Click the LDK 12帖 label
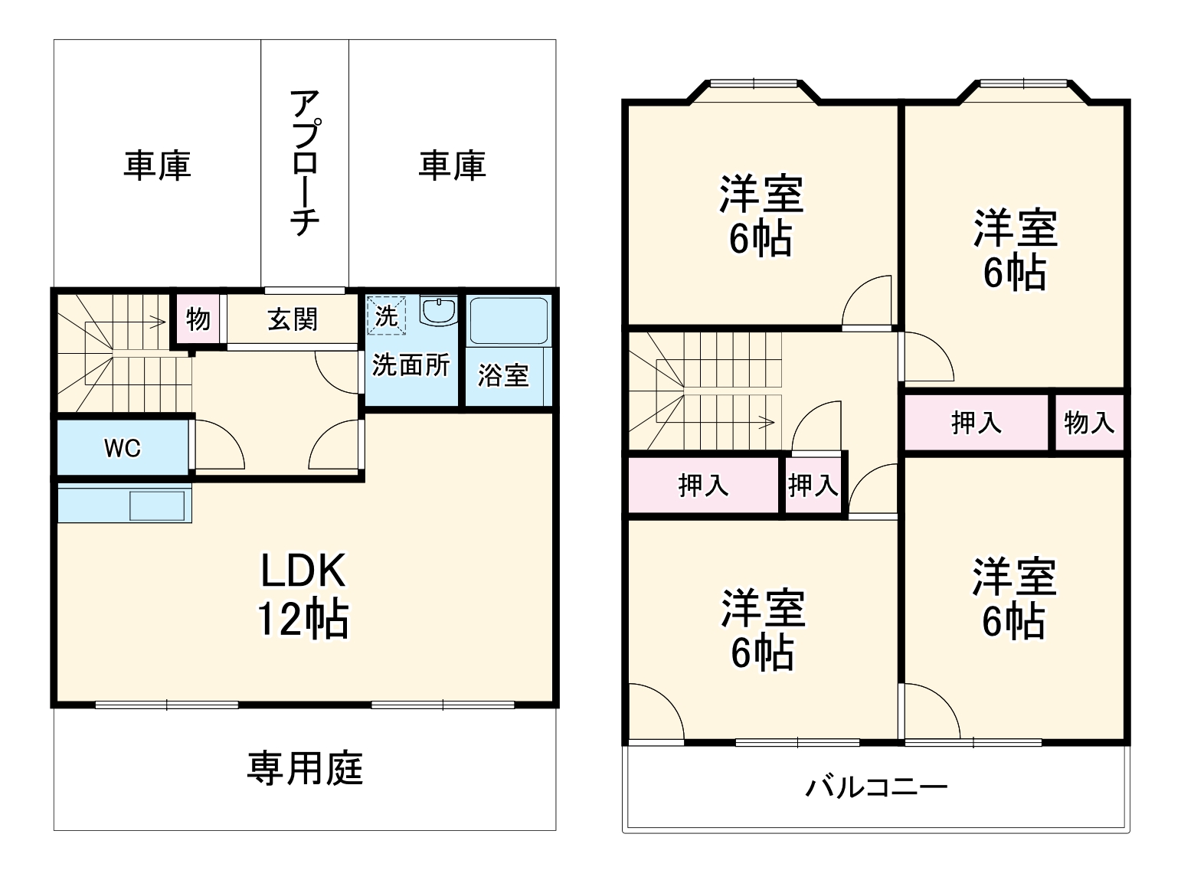303,594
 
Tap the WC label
123,447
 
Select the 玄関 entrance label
293,319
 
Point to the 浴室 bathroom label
503,375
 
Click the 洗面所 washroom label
411,365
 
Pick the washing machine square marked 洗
385,316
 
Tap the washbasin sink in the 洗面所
439,312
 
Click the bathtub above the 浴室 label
508,321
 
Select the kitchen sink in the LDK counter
157,505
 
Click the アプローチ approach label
304,162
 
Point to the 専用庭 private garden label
305,768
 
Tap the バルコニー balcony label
876,787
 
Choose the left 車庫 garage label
157,165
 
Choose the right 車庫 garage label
452,165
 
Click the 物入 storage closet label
1088,422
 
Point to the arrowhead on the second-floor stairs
770,420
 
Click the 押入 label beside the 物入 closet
976,422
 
